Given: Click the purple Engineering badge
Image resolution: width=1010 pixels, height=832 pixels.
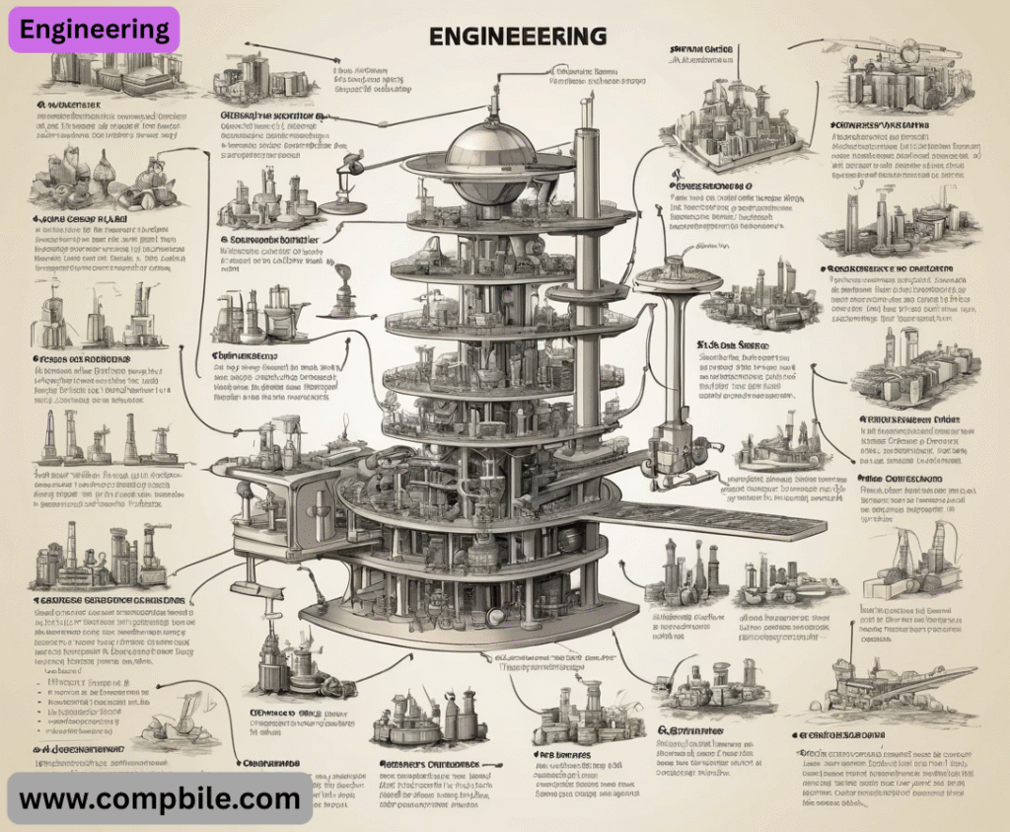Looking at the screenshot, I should point(95,29).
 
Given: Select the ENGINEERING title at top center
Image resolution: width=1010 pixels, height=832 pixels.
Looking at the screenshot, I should point(518,37).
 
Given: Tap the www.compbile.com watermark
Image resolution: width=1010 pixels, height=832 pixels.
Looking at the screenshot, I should point(160,797).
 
